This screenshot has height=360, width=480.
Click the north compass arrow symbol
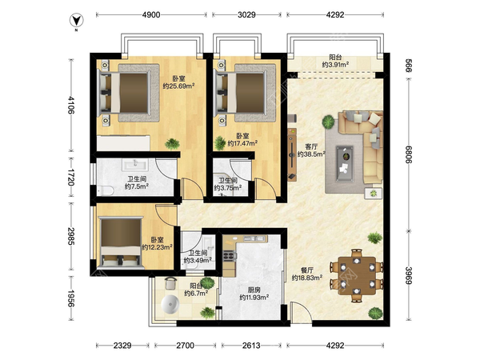76,21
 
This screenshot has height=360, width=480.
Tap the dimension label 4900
151,14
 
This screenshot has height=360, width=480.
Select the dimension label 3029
246,14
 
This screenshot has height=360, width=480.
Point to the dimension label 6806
408,154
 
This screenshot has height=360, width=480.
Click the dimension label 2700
186,346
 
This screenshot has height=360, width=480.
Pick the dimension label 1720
71,177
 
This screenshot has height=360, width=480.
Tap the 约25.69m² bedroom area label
178,86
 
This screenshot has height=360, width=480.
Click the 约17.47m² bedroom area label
242,143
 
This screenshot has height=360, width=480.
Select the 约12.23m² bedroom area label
157,247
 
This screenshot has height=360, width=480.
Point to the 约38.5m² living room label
311,154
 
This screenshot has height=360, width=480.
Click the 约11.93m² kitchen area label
254,297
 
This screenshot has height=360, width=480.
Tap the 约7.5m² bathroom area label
137,186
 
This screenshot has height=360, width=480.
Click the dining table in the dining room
357,276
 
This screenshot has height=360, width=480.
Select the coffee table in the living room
345,164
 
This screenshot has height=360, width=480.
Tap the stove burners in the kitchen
230,255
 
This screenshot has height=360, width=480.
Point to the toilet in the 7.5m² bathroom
106,190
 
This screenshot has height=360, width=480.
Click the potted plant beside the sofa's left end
328,122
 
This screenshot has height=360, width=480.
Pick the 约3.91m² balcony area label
335,65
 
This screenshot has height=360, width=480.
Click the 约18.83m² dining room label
306,278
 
